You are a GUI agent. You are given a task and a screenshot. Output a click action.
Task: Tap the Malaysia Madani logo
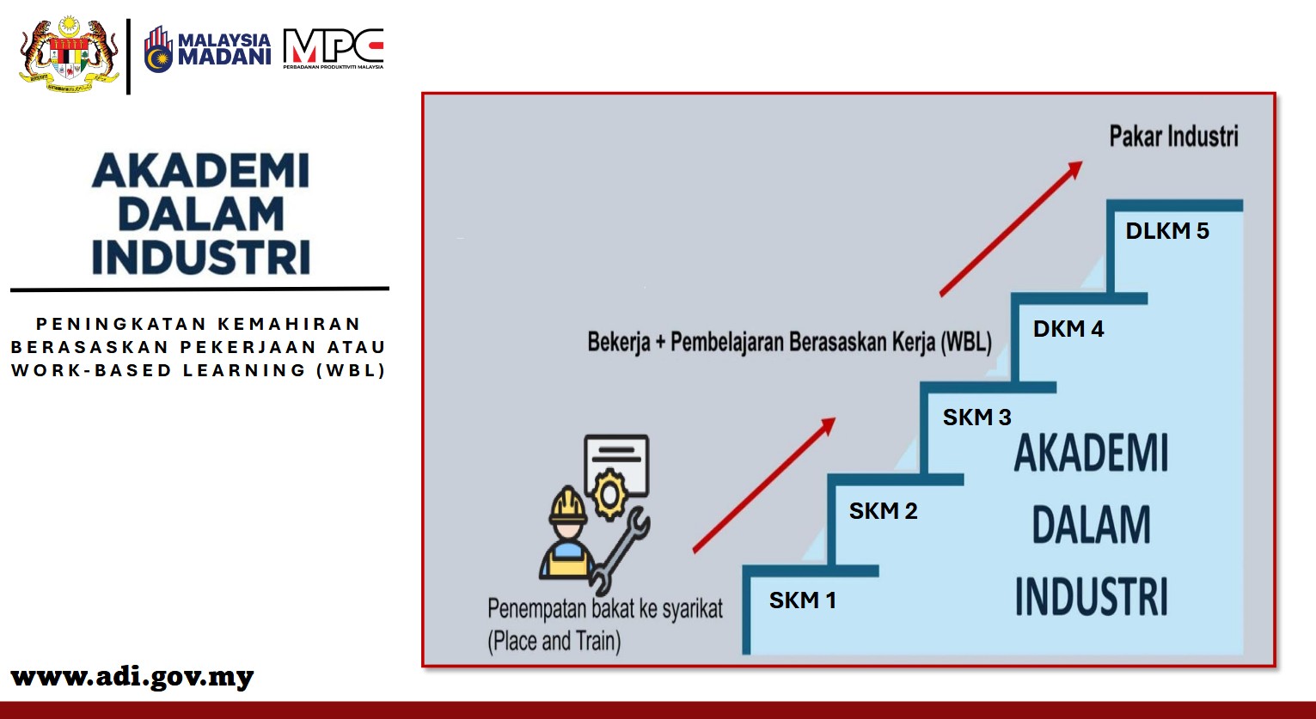click(207, 49)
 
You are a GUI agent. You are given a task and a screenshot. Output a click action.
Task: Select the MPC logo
click(334, 48)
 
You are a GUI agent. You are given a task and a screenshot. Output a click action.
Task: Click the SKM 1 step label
click(802, 600)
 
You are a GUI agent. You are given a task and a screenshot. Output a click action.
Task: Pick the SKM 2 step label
click(883, 510)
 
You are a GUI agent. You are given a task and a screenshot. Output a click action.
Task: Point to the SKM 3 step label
click(977, 417)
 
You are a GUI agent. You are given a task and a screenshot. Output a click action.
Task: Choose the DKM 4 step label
click(1068, 329)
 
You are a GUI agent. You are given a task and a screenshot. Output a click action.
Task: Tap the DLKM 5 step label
click(1167, 231)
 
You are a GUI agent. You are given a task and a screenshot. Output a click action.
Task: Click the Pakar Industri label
click(1174, 137)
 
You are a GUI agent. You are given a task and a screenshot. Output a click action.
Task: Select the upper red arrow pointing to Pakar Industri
click(1011, 228)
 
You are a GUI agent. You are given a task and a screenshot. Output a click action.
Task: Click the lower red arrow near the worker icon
click(764, 485)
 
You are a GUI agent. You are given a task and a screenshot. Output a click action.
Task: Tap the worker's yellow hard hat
click(567, 505)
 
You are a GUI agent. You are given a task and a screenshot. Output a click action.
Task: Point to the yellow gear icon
click(609, 494)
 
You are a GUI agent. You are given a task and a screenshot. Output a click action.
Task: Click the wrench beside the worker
click(620, 551)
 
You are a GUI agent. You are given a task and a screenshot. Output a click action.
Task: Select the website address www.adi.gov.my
click(132, 677)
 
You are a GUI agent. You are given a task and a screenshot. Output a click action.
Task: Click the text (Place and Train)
click(554, 641)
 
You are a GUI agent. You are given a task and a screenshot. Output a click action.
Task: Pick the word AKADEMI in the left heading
click(200, 170)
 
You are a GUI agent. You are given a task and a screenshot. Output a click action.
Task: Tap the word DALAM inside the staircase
click(1091, 524)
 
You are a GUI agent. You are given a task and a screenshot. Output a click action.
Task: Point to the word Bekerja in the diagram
click(619, 342)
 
